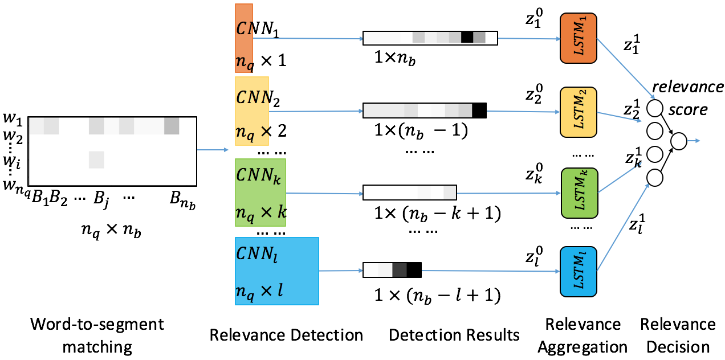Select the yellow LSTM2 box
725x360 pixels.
click(x=577, y=113)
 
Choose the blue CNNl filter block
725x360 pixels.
click(x=276, y=271)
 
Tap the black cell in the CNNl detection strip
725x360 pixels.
click(x=414, y=269)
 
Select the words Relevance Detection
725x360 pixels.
click(x=286, y=335)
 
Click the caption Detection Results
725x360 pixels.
click(x=454, y=335)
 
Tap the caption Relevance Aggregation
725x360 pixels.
click(x=583, y=336)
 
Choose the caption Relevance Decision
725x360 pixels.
click(x=677, y=336)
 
